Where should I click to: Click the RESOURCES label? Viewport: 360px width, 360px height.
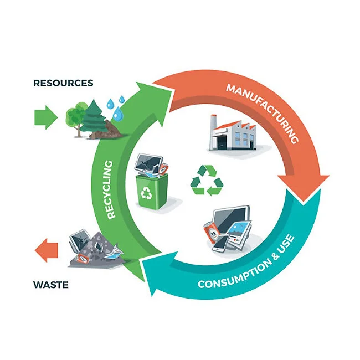(x=63, y=83)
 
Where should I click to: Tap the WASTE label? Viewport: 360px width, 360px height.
(x=50, y=285)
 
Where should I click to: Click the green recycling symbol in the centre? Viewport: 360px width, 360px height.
(x=207, y=180)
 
